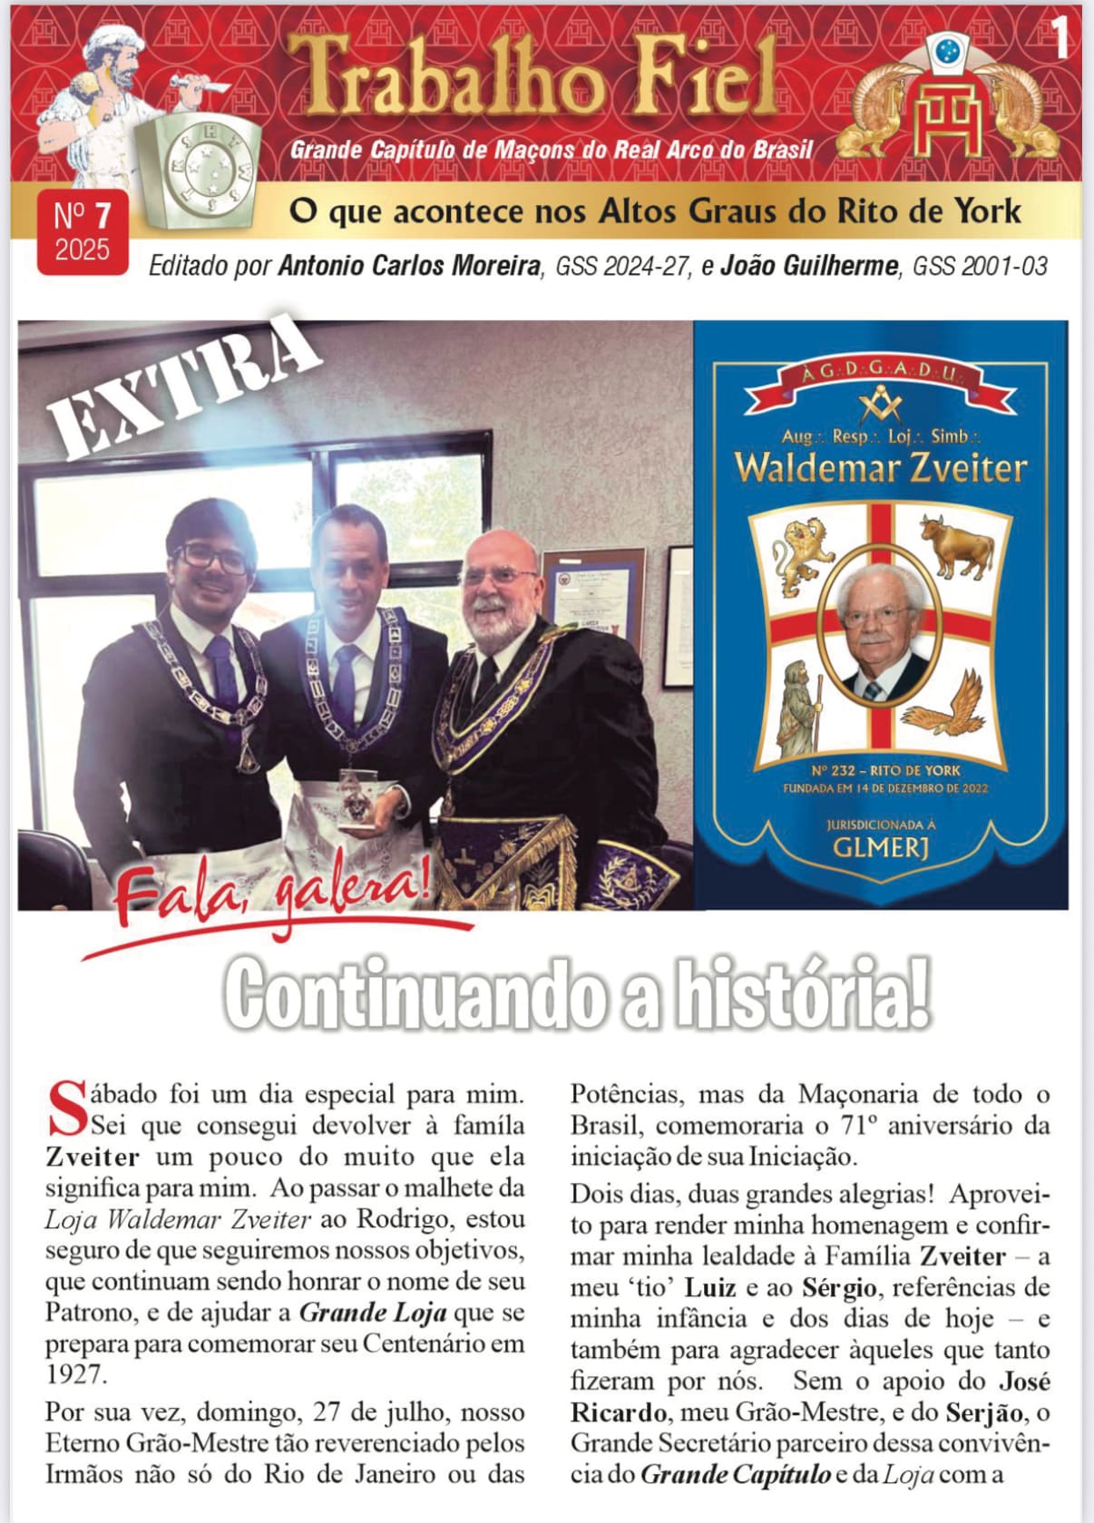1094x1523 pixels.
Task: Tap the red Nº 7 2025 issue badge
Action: point(82,232)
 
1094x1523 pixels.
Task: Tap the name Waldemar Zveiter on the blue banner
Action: point(880,468)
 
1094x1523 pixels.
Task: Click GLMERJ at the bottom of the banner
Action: point(881,848)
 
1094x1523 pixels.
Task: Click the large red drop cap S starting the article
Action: point(65,1108)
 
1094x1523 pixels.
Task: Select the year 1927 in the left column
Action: point(76,1374)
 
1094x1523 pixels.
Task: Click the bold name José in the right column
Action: point(1024,1381)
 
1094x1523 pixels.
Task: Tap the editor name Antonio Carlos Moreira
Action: point(410,266)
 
